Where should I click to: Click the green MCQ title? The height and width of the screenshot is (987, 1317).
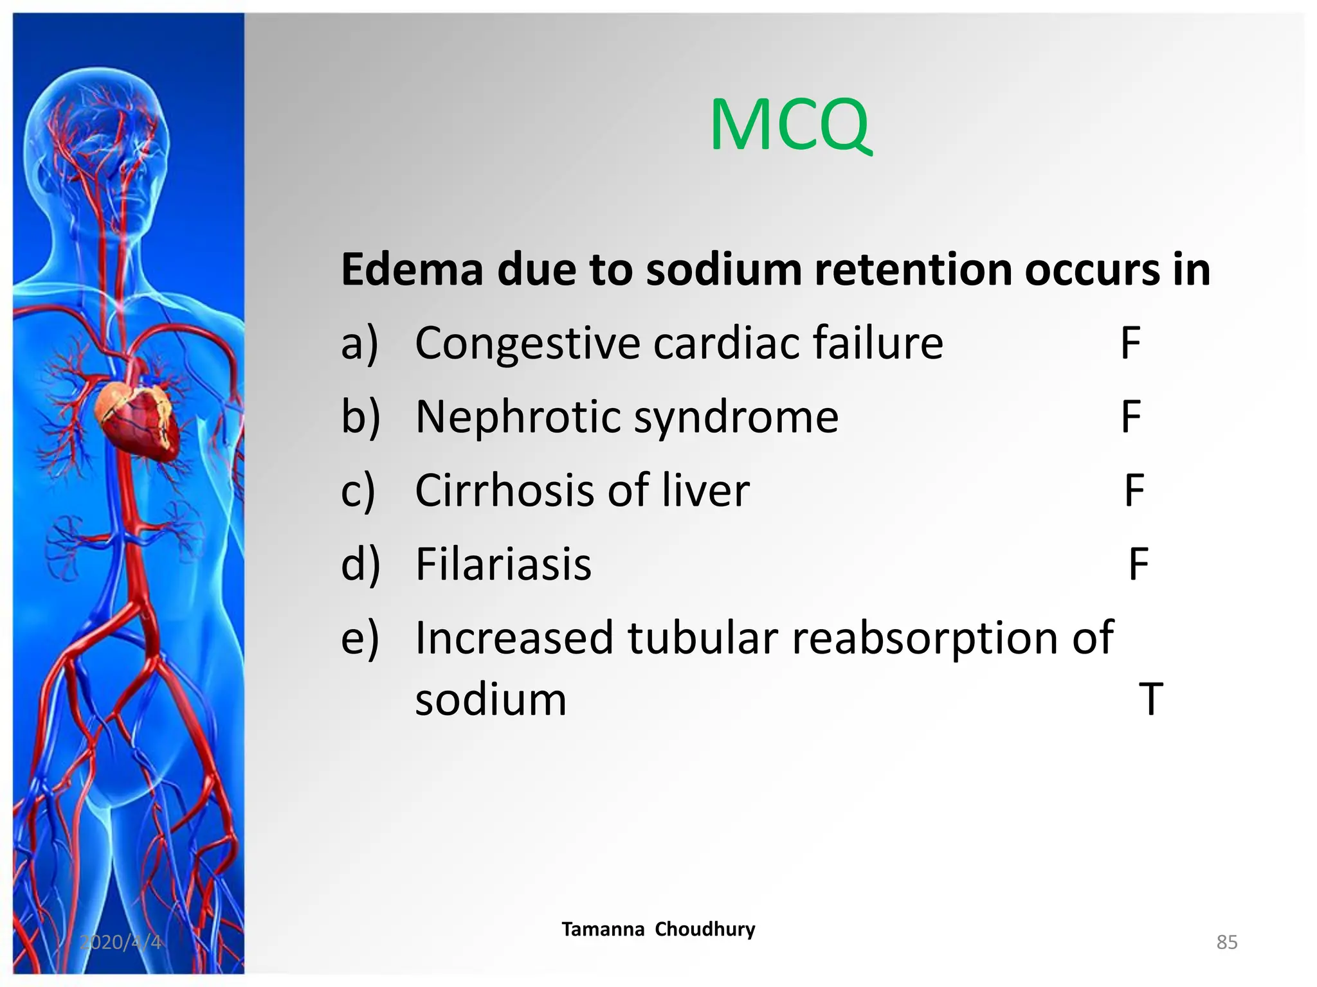click(790, 125)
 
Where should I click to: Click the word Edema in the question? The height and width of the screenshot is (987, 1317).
click(412, 269)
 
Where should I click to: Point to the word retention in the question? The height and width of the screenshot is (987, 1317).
click(913, 269)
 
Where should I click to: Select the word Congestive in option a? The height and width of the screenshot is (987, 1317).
click(527, 344)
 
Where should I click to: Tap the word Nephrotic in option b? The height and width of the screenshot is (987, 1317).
click(518, 417)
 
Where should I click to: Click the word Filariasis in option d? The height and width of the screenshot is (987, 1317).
click(504, 564)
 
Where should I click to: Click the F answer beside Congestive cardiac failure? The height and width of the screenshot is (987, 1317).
click(1131, 344)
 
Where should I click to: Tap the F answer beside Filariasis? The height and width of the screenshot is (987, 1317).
click(1139, 564)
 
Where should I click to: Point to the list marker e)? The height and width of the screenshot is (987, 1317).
click(360, 639)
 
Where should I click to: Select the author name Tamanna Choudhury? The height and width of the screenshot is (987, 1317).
click(658, 929)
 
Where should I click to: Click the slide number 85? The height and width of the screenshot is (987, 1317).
click(1227, 942)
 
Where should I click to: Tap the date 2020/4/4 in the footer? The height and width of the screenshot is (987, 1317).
click(120, 942)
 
